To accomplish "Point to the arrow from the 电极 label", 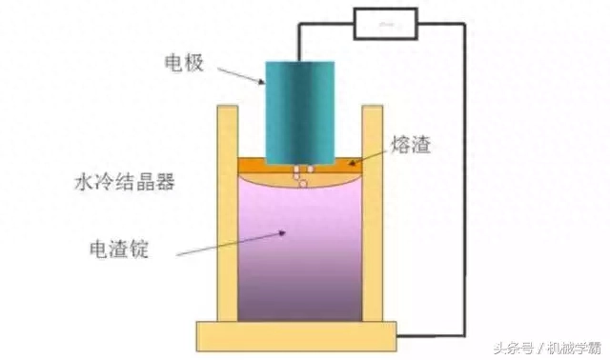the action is point(240,74).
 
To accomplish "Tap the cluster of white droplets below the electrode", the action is point(302,176).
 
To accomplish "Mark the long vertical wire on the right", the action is point(465,181).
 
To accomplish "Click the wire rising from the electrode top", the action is point(298,43).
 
